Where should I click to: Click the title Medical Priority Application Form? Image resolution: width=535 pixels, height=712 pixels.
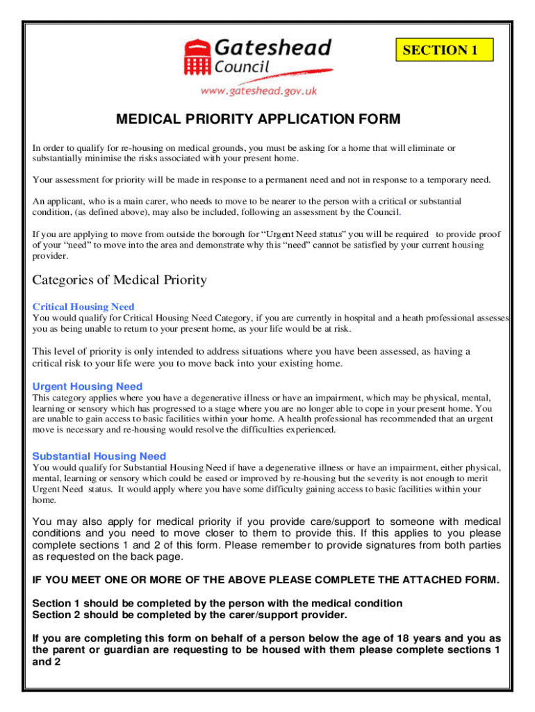click(258, 120)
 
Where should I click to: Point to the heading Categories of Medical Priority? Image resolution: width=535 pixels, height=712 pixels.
click(120, 280)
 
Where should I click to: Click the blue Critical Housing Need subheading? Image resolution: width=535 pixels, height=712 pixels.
click(83, 307)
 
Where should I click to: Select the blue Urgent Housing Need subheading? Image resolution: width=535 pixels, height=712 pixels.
click(88, 387)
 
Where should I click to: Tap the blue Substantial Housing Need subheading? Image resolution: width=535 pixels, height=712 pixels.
click(99, 456)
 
